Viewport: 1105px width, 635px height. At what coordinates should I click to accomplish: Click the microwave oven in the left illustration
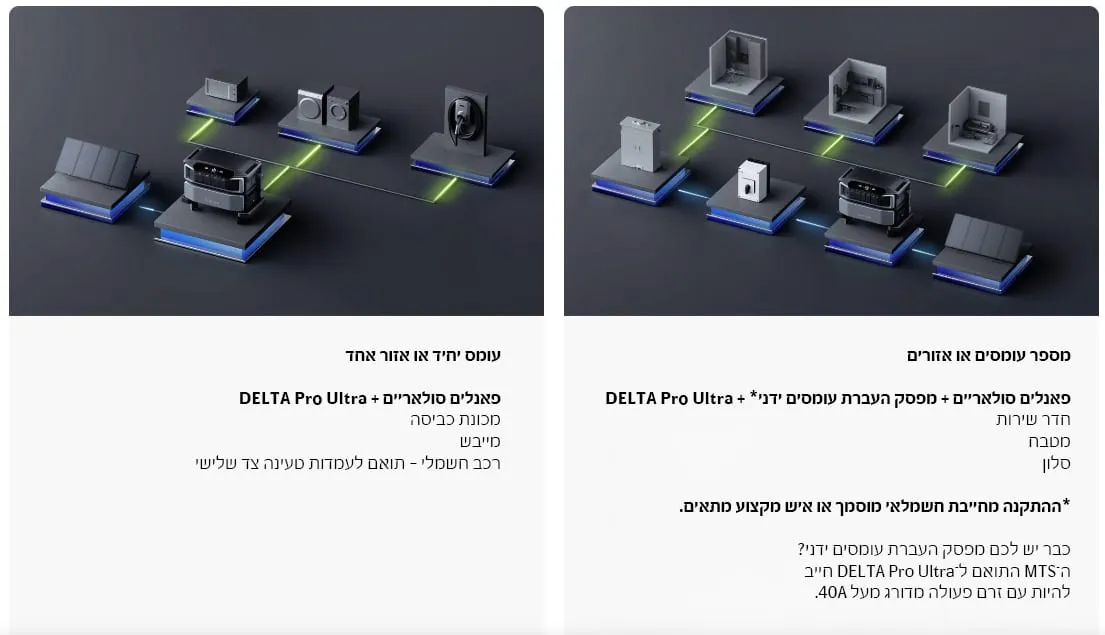pos(226,90)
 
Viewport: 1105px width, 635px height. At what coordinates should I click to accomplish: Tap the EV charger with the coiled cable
pos(462,116)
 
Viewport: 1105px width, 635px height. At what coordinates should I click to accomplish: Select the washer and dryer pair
pos(328,109)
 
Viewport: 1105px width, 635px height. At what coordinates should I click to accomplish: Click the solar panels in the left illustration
pos(96,164)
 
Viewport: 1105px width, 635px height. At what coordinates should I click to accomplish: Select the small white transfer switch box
pos(753,181)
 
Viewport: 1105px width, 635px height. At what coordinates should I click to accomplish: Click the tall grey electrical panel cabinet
pos(640,144)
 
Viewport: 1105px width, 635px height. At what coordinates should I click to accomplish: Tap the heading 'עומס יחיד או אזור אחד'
pos(423,355)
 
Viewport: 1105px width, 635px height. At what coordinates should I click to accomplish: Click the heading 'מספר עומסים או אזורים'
pos(989,355)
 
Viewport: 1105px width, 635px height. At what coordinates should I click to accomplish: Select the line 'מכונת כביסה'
pos(455,419)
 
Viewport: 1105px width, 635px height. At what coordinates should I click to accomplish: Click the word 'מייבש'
pos(480,441)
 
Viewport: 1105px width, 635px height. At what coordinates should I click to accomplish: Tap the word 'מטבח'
pos(1049,441)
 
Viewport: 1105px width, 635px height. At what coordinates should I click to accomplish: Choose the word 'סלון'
pos(1056,463)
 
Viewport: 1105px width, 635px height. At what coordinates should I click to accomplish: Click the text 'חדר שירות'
pos(1033,419)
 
